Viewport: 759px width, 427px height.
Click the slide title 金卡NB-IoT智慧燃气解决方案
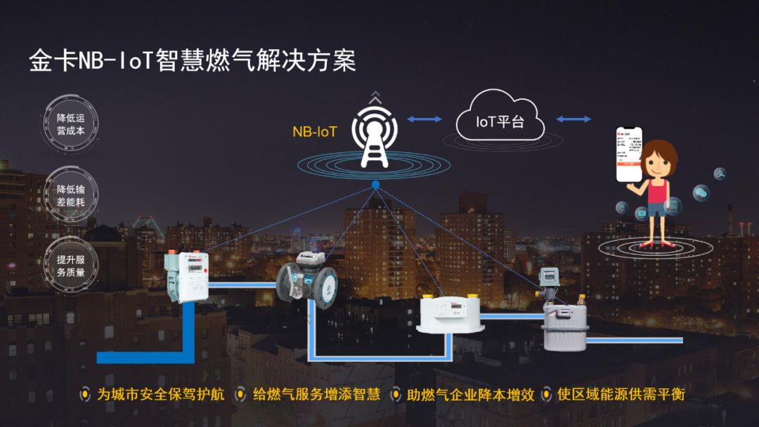click(192, 61)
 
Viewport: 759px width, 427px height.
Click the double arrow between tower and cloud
click(424, 119)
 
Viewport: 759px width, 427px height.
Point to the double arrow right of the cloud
click(573, 119)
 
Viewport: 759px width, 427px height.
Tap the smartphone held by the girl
click(629, 155)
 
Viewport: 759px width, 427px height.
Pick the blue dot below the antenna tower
click(376, 185)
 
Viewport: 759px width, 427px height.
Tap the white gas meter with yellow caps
click(449, 313)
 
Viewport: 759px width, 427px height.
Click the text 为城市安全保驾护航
click(161, 395)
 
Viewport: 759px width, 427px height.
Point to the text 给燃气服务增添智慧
click(316, 395)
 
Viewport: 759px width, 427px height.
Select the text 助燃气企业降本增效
click(470, 395)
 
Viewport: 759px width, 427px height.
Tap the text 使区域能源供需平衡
click(620, 395)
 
